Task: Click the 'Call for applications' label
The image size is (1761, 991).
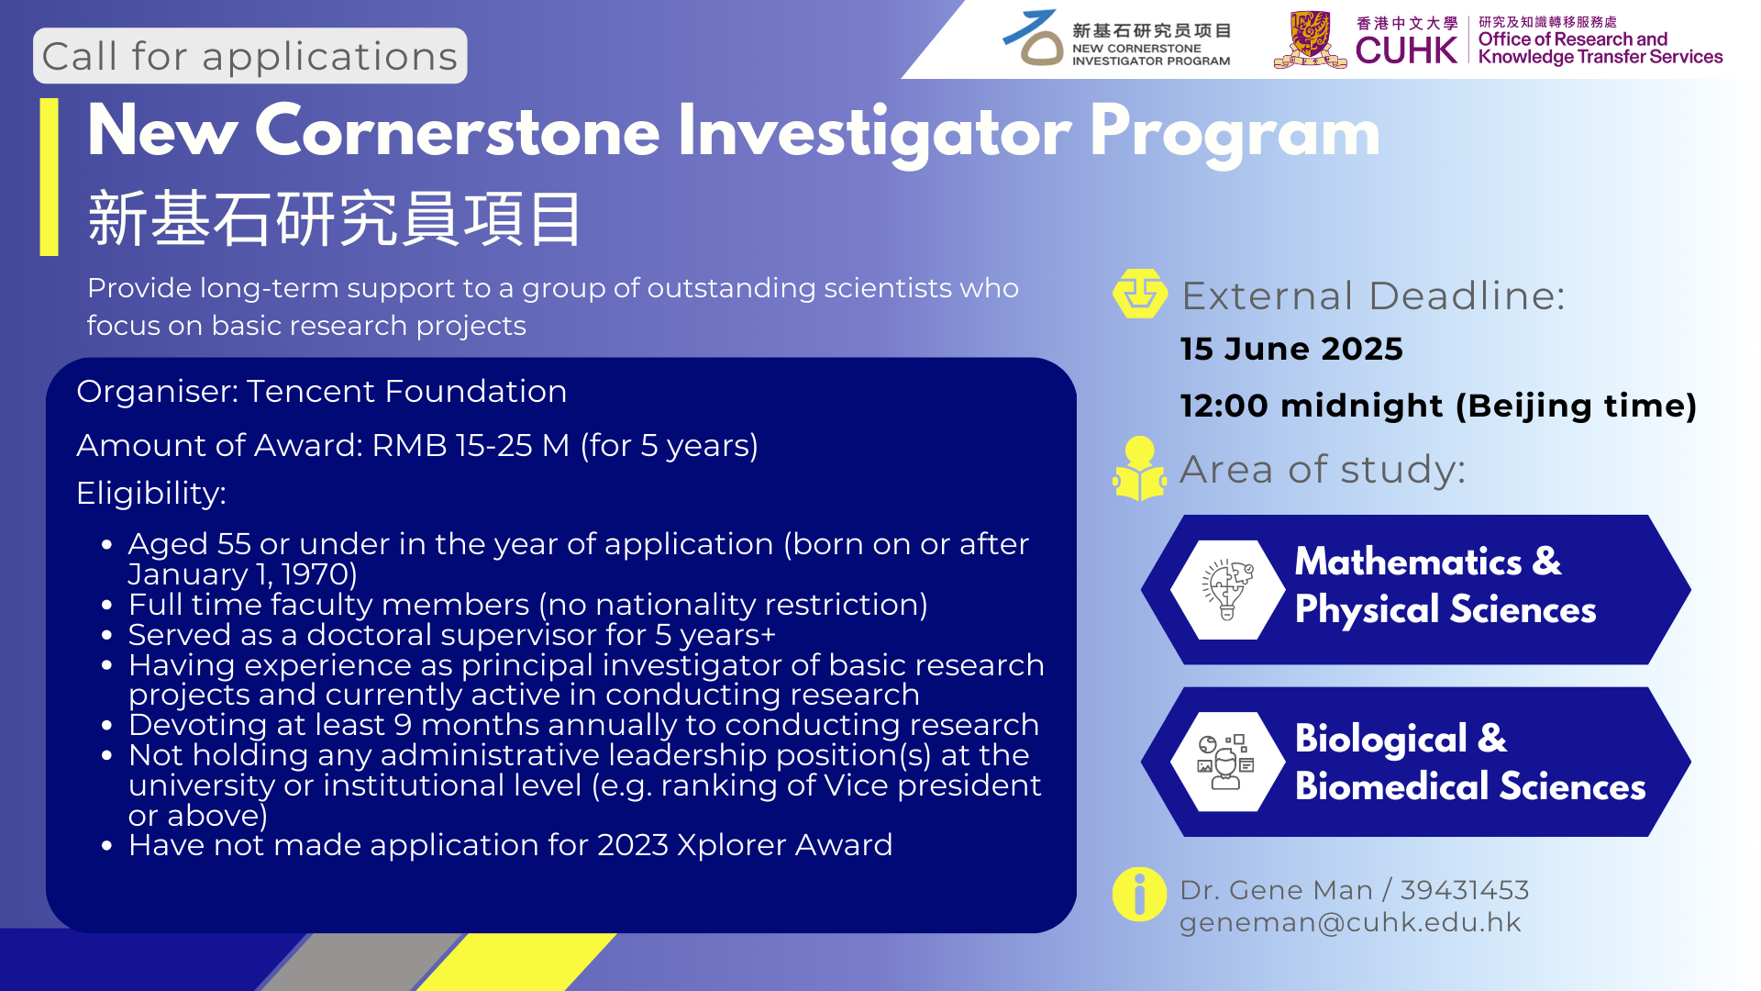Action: coord(249,56)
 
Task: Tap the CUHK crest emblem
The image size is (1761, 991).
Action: coord(1310,39)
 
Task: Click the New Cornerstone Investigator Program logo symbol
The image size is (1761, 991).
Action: coord(1035,39)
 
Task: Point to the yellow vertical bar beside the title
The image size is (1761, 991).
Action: coord(50,176)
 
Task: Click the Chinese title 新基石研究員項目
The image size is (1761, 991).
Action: coord(335,219)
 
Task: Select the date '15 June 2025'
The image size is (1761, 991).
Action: coord(1291,349)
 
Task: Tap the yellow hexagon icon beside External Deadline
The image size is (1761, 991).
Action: coord(1140,294)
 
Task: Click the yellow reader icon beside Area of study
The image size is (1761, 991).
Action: coord(1140,469)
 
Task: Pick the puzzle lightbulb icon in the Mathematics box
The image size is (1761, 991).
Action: coord(1227,589)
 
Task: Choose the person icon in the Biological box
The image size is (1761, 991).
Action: coord(1226,762)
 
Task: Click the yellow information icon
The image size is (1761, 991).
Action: coord(1139,894)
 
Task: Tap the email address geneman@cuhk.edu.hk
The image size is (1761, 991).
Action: coord(1350,922)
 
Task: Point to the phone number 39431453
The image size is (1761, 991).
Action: coord(1465,890)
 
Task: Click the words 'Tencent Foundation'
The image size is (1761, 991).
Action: coord(406,392)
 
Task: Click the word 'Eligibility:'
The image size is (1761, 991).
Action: coord(151,494)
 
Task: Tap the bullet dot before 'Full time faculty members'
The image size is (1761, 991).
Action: coord(107,606)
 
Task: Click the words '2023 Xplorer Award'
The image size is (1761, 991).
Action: coord(745,845)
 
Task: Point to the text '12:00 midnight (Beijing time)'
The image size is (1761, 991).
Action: coord(1438,406)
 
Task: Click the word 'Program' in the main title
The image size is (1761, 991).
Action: coord(1235,134)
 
